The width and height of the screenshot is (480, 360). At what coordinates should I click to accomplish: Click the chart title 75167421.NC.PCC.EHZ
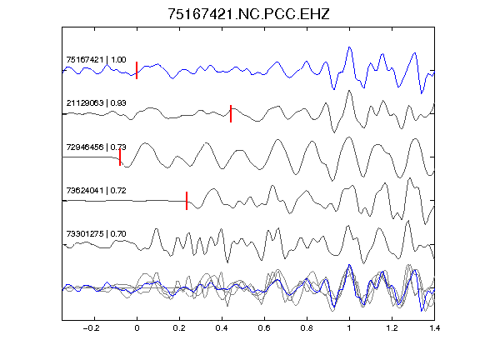(248, 14)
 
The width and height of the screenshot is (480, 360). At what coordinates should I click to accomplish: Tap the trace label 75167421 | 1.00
(96, 59)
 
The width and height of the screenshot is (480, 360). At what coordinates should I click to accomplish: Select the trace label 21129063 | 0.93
(96, 102)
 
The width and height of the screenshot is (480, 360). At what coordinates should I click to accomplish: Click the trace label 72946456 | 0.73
(96, 147)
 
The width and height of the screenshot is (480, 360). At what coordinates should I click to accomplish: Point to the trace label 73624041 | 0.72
(96, 190)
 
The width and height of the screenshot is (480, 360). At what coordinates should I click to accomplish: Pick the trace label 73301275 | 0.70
(96, 234)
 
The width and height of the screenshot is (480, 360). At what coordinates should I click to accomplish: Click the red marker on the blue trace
(137, 70)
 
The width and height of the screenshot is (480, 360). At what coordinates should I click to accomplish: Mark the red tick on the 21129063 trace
(231, 113)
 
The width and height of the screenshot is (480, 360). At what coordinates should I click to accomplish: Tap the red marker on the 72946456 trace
(120, 157)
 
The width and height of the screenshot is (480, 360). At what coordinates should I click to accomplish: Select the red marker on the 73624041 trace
(187, 201)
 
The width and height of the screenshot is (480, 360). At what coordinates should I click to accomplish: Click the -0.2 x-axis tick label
(91, 328)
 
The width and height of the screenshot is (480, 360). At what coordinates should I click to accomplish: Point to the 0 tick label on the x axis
(137, 328)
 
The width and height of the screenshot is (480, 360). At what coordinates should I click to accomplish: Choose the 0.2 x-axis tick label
(179, 328)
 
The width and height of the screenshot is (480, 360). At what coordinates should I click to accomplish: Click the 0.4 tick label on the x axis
(222, 328)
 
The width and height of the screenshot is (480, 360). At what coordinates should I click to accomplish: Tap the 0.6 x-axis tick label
(264, 328)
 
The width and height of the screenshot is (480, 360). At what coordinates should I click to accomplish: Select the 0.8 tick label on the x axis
(307, 328)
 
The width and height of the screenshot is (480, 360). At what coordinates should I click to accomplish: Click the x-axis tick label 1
(349, 328)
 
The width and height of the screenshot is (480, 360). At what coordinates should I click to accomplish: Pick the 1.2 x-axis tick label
(392, 328)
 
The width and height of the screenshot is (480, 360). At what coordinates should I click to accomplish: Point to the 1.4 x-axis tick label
(434, 328)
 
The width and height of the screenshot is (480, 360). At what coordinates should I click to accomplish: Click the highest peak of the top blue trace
(349, 47)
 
